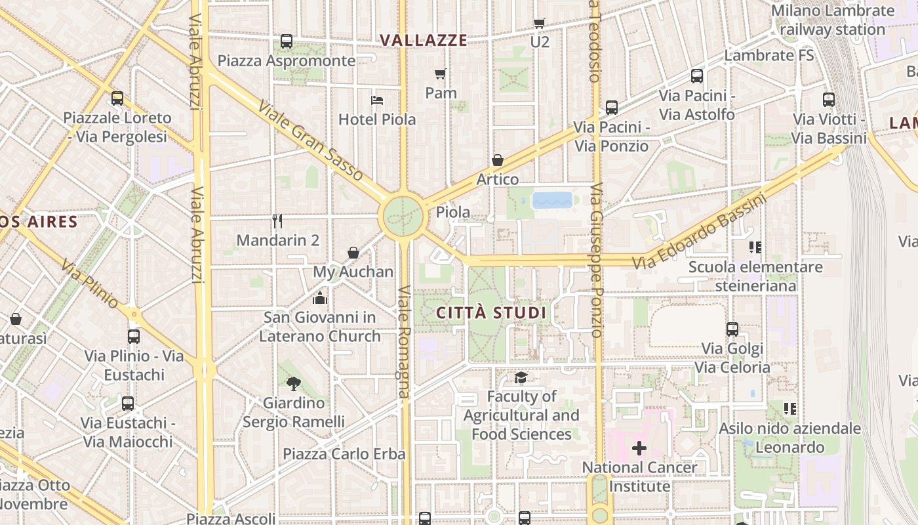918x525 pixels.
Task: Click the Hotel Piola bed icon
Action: point(377,100)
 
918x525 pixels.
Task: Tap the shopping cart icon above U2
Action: point(540,24)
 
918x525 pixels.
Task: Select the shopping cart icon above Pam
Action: point(441,74)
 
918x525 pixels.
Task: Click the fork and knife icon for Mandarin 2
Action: point(277,221)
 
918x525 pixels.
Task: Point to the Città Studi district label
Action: point(491,312)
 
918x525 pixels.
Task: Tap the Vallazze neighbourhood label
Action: point(424,41)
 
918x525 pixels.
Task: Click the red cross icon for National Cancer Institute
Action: point(639,449)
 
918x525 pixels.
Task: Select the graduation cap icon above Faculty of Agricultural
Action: point(521,377)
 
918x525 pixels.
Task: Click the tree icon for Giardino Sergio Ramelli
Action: point(293,384)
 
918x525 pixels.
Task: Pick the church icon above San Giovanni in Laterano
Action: point(320,299)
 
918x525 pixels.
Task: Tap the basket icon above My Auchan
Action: point(353,253)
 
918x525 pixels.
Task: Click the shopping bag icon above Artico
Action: point(498,161)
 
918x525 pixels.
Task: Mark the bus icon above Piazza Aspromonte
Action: point(287,41)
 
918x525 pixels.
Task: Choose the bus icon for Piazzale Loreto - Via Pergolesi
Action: point(117,98)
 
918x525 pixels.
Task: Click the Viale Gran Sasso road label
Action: point(310,140)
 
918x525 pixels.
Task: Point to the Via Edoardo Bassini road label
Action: point(699,232)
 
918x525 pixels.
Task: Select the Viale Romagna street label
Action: point(404,341)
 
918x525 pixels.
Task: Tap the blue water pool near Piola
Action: point(552,199)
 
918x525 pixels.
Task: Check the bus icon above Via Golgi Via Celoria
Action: point(732,329)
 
